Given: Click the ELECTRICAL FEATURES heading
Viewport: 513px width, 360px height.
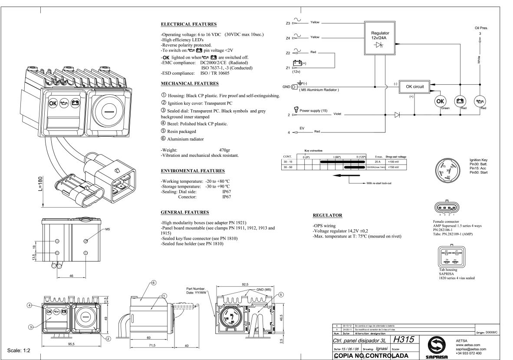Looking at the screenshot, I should (189, 24).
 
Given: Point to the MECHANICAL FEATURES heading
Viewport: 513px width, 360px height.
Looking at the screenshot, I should (190, 83).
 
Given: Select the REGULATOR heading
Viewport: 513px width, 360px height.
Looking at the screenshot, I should (328, 215).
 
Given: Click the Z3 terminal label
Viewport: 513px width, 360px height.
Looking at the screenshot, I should (288, 23).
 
